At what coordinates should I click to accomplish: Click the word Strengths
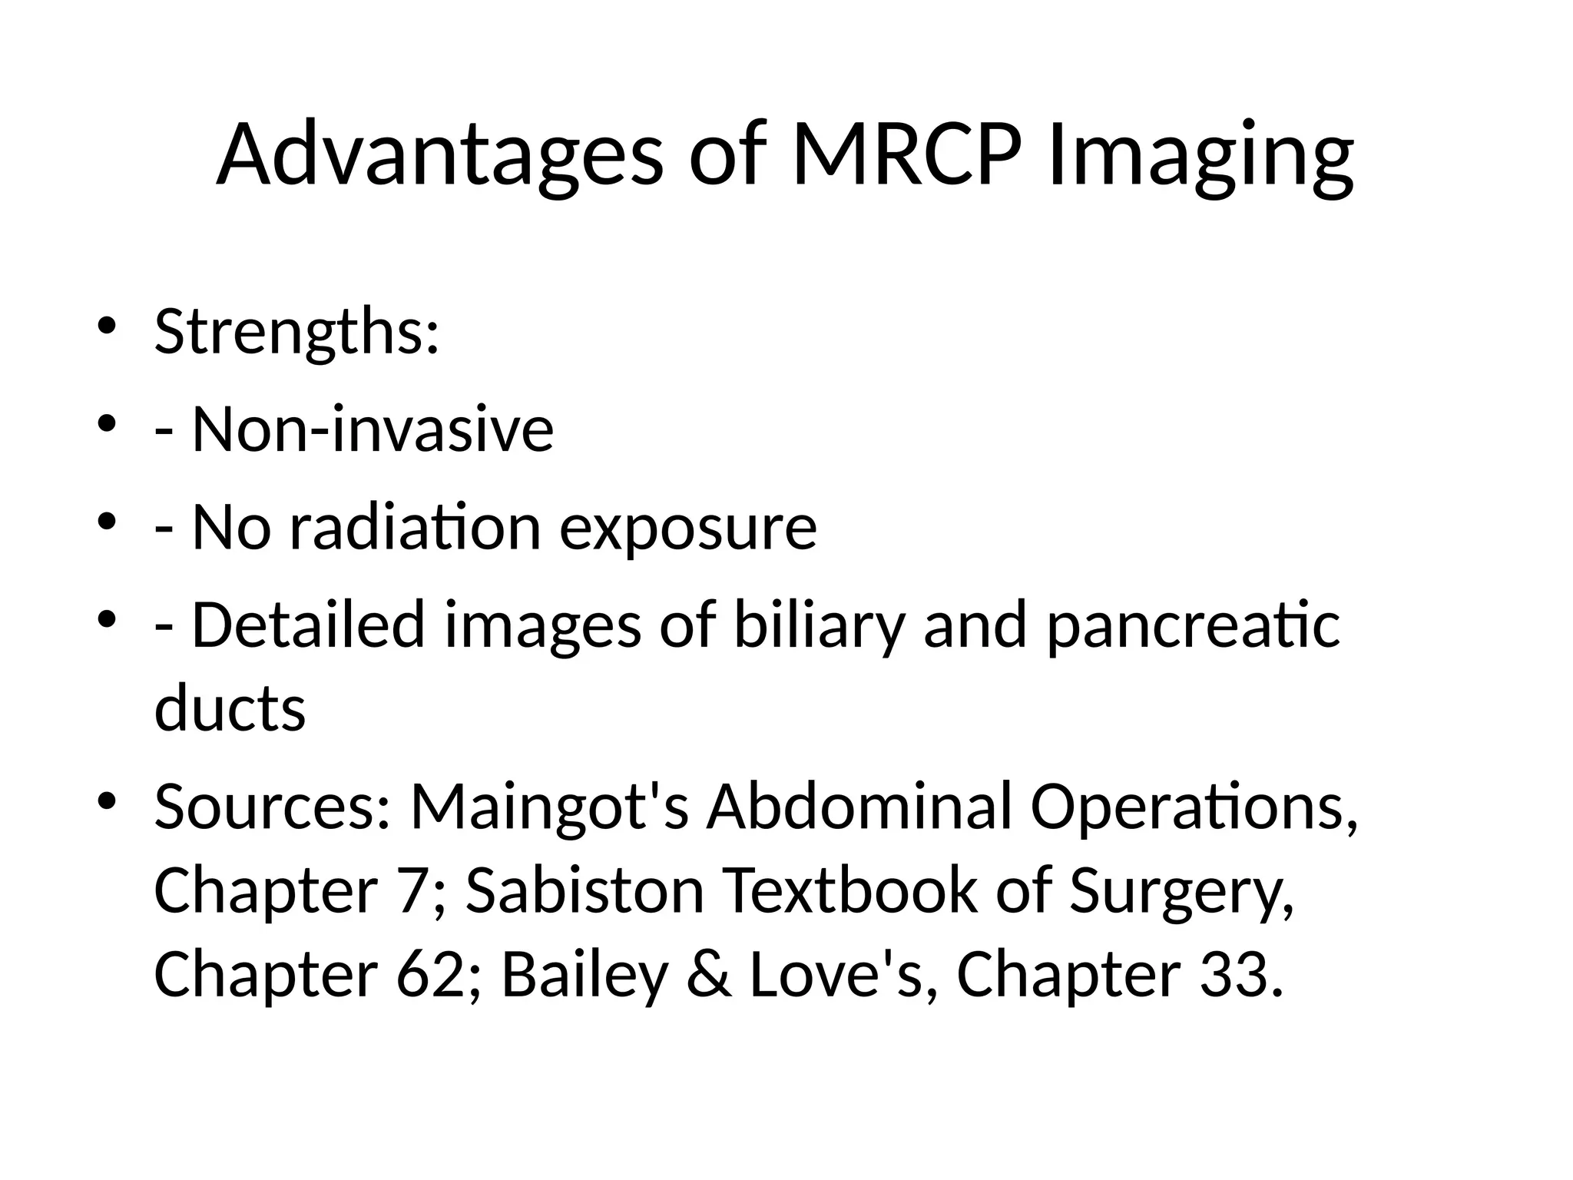pyautogui.click(x=296, y=332)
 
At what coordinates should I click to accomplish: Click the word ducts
pyautogui.click(x=230, y=708)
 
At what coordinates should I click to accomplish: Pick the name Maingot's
pyautogui.click(x=550, y=809)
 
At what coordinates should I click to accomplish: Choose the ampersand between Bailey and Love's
pyautogui.click(x=709, y=974)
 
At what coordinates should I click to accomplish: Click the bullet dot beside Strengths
pyautogui.click(x=107, y=326)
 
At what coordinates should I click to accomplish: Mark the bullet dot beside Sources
pyautogui.click(x=107, y=800)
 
